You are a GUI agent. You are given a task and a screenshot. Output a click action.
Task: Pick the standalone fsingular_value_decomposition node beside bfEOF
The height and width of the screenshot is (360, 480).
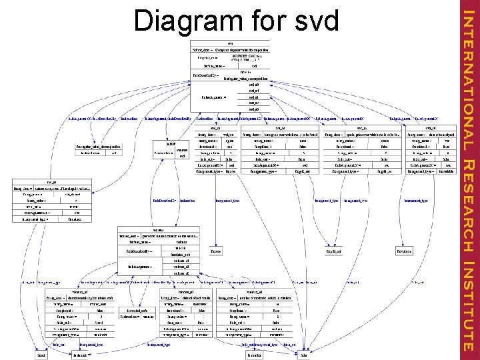coord(98,145)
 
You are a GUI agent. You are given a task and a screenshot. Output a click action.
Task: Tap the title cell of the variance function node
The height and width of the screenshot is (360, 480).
coord(159,230)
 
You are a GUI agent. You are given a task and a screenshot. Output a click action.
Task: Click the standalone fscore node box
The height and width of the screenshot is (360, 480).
coord(215,251)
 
